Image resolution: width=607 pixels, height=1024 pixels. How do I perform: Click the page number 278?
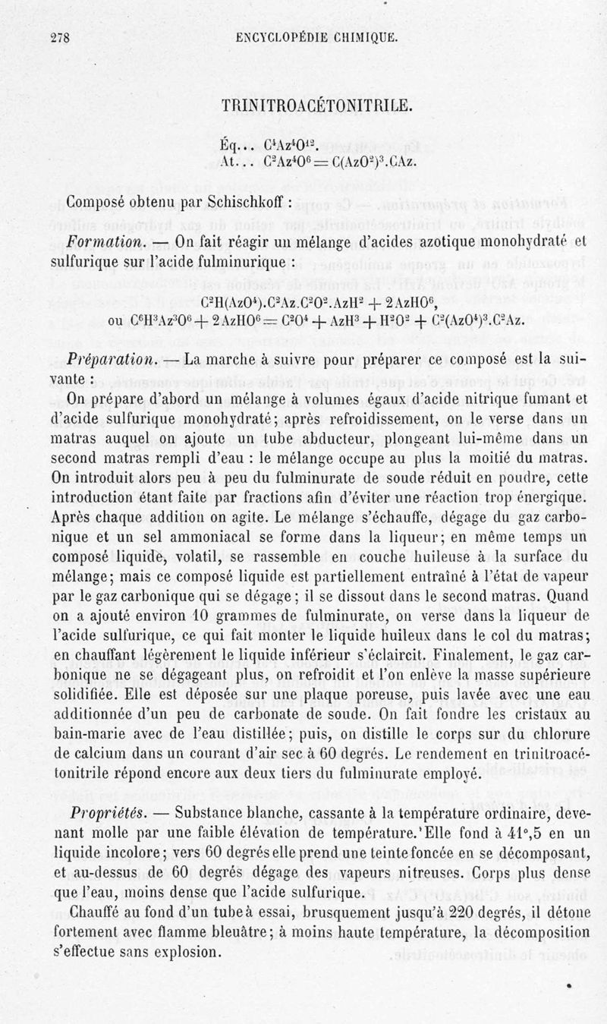coord(59,39)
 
